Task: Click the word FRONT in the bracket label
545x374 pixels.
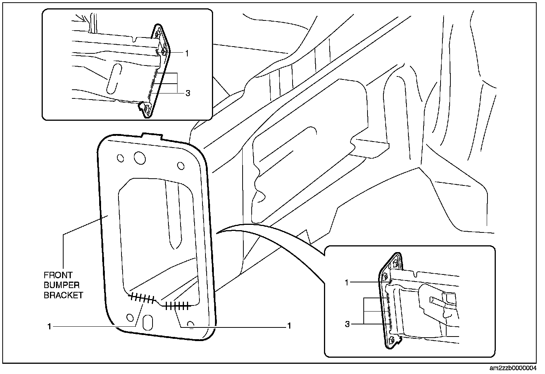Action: [58, 275]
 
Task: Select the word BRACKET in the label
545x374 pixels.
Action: [63, 295]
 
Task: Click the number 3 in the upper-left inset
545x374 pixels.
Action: [188, 93]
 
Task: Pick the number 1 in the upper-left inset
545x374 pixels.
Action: [187, 54]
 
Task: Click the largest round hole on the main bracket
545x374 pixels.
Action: [139, 158]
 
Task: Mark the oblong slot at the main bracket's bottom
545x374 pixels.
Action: [147, 322]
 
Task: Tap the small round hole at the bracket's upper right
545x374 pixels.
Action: [181, 165]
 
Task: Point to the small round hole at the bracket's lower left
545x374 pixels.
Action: [130, 317]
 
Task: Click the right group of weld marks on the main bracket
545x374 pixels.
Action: [178, 305]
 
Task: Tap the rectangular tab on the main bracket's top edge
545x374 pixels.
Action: [150, 135]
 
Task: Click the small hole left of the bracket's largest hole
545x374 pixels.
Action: [120, 158]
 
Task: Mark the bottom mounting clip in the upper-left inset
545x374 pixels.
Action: [146, 108]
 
